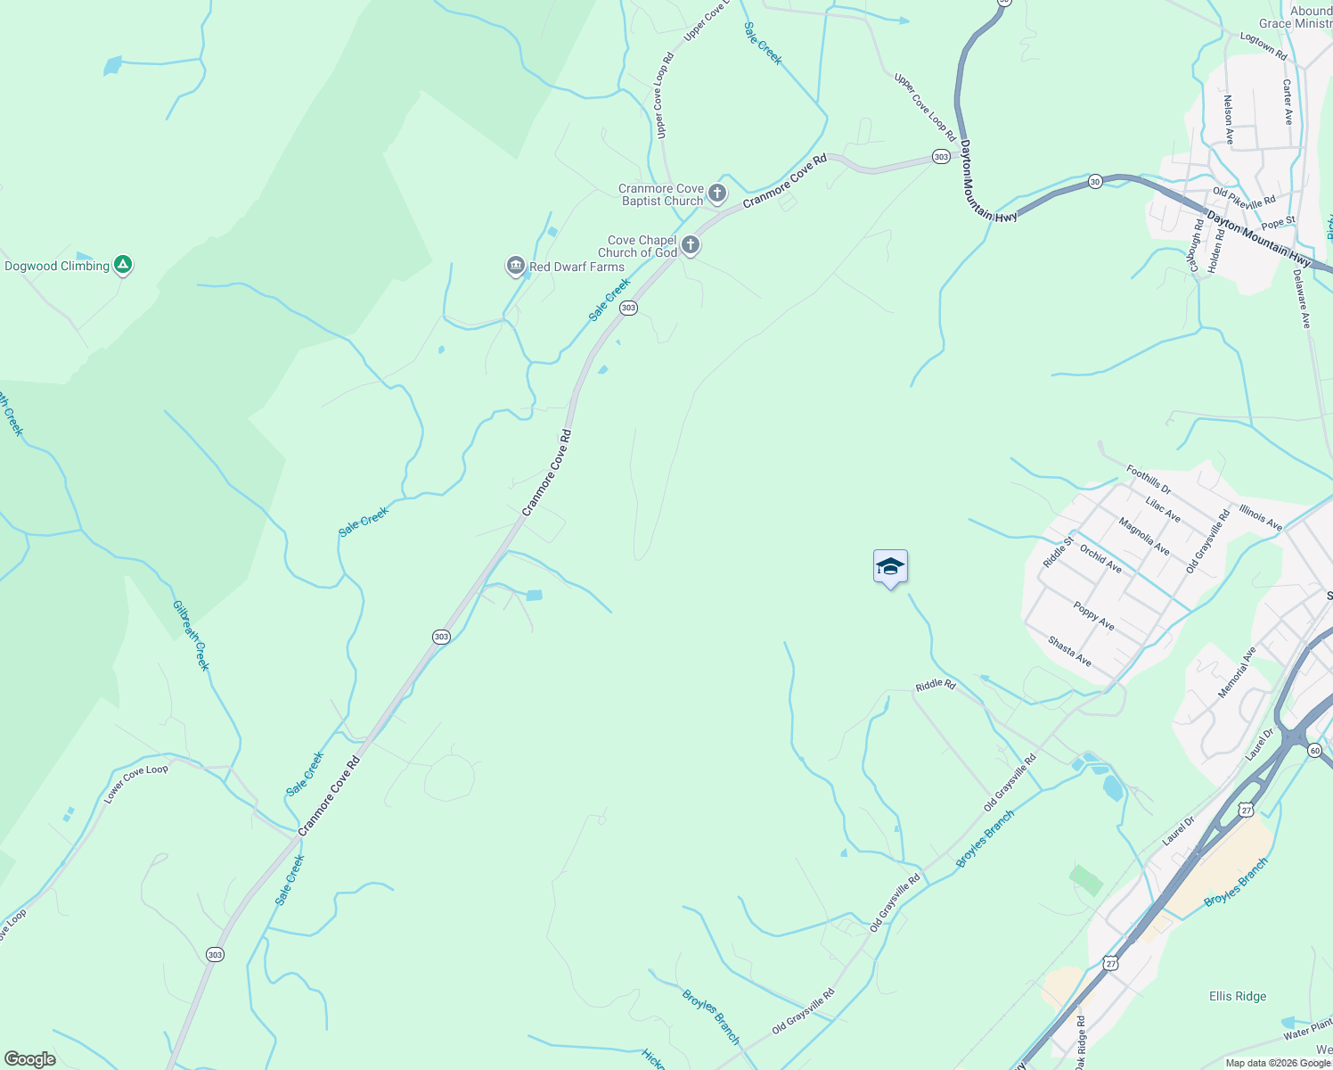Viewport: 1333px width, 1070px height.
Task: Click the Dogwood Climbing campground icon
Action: click(123, 265)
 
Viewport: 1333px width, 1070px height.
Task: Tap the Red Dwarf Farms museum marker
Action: click(515, 266)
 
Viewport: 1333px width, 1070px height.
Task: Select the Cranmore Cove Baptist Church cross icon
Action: click(717, 193)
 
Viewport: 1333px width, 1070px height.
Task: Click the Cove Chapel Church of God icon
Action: click(690, 245)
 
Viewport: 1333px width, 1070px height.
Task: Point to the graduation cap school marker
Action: click(890, 567)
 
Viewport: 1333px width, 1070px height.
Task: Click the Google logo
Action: click(30, 1058)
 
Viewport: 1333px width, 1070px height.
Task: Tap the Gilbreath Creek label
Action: click(191, 635)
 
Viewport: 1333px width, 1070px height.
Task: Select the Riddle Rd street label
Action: click(936, 686)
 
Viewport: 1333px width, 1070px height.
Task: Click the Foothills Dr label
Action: click(1149, 480)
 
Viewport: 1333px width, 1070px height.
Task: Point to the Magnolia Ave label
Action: click(1144, 537)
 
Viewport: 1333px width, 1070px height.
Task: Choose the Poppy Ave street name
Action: click(1093, 616)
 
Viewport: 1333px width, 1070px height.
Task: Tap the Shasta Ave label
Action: click(1069, 651)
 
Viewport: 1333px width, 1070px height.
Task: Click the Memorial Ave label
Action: click(1237, 672)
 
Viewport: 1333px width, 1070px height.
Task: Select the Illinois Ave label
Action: click(1261, 518)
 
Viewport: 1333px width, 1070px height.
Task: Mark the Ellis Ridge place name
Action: click(1238, 996)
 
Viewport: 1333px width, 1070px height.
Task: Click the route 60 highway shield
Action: click(1314, 751)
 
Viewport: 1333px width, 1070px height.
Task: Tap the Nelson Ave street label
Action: click(1229, 120)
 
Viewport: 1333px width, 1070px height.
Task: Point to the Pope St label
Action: click(1278, 222)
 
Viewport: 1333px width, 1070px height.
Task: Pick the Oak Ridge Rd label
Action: click(1080, 1042)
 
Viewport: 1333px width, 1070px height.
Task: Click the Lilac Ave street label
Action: click(1164, 510)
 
